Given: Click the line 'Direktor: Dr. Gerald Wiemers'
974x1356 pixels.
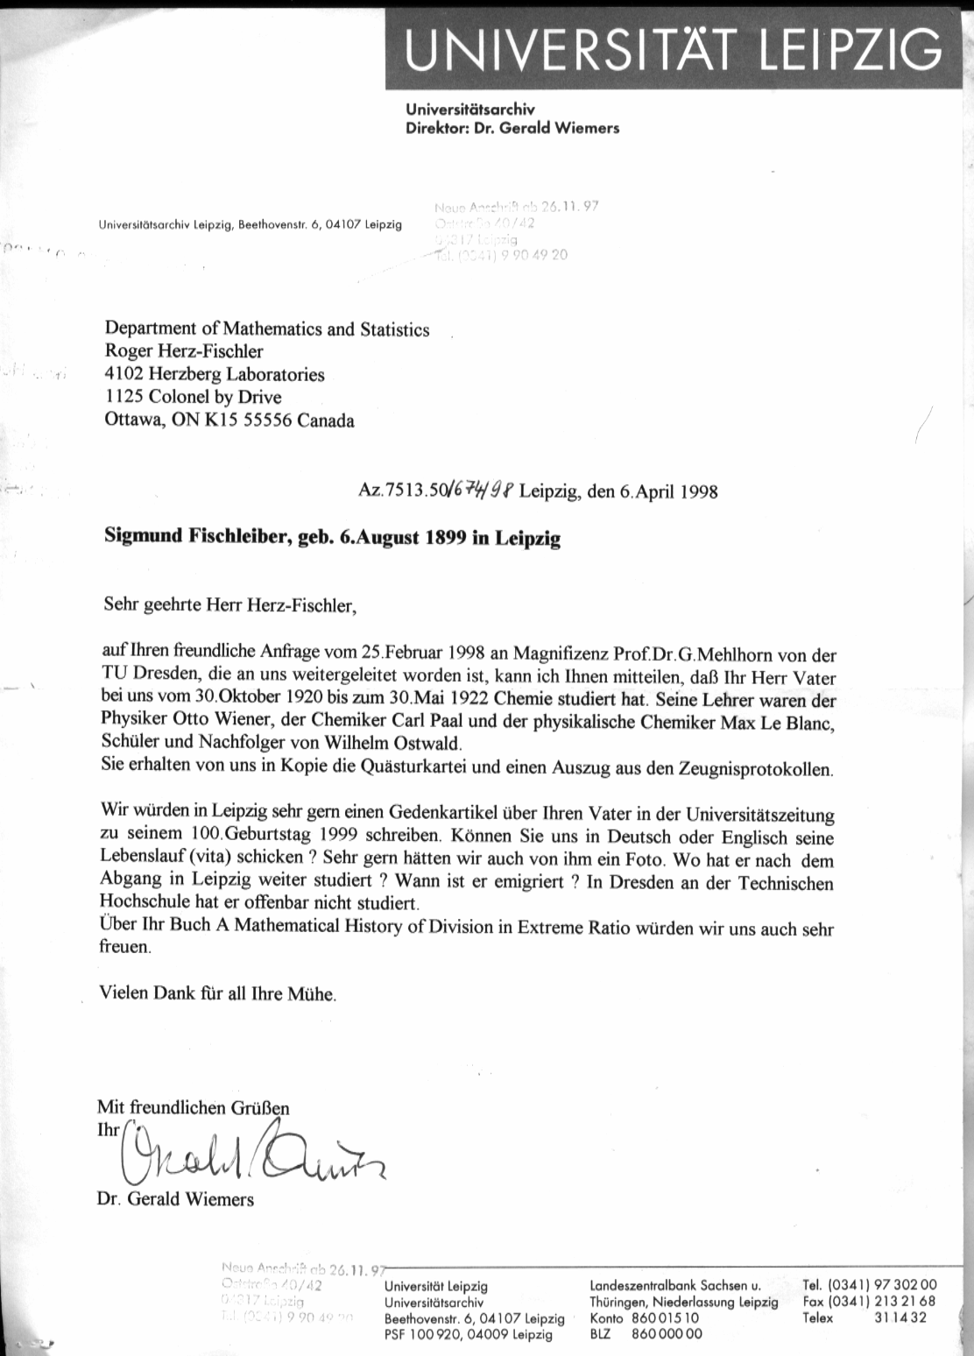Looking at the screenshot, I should [512, 128].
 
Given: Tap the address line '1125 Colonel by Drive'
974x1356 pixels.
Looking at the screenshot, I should [193, 397].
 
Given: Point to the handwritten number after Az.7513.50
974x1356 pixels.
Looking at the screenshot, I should [481, 490].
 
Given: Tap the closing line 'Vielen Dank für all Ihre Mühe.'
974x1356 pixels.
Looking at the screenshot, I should [217, 993].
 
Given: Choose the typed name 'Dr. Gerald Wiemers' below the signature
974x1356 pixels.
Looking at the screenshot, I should [175, 1199].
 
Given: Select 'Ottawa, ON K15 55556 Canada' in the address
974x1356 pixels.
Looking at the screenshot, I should [229, 420].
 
